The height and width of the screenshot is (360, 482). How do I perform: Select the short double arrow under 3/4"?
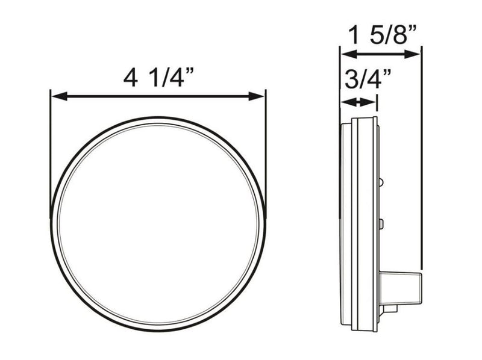tap(358, 102)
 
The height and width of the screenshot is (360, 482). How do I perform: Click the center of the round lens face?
tap(158, 224)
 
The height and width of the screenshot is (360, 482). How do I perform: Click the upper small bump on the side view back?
tap(381, 181)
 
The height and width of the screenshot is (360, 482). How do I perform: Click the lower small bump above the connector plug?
tap(381, 224)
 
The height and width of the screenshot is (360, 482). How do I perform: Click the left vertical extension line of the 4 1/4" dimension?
tap(51, 157)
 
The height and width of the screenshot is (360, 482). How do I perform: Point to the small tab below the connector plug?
tap(390, 308)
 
